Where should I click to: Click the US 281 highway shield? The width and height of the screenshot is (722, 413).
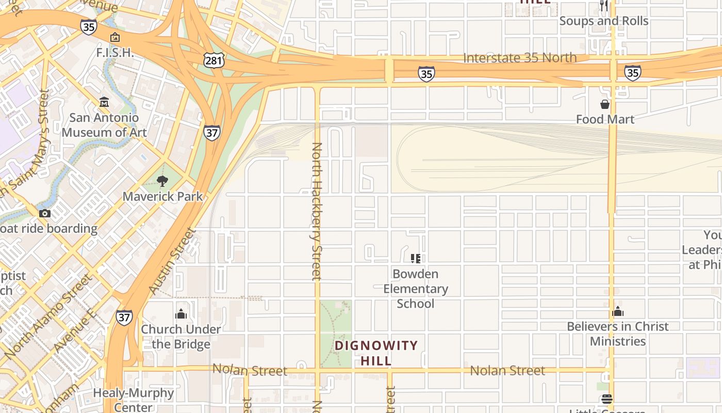(213, 61)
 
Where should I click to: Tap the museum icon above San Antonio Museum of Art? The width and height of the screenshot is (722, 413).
(104, 102)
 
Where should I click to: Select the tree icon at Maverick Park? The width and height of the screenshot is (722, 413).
(162, 181)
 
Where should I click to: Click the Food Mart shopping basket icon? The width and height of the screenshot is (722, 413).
(605, 104)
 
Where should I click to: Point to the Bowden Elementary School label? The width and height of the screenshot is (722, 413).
(416, 289)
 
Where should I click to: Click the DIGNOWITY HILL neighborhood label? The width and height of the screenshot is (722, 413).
(376, 353)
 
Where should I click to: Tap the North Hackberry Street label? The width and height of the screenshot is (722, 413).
(317, 212)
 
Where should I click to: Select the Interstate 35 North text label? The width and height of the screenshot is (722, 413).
(520, 57)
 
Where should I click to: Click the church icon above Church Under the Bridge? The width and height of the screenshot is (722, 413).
(181, 313)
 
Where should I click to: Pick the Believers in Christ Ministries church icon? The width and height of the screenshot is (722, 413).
(618, 311)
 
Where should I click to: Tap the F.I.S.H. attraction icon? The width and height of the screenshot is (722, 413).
(115, 37)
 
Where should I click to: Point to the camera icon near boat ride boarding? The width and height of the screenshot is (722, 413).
(45, 213)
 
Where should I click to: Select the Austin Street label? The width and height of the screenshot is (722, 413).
(173, 262)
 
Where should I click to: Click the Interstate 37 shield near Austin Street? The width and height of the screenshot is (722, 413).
(124, 317)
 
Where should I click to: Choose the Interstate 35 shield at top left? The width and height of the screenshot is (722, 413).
(88, 27)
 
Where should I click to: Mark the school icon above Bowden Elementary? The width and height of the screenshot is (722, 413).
(416, 258)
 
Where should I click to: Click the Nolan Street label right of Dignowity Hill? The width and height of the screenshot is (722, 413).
(507, 371)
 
